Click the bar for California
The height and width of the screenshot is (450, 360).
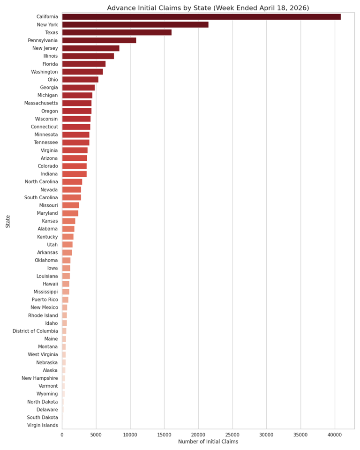tap(201, 17)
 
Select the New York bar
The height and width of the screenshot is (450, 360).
tap(135, 25)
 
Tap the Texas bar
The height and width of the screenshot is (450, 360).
tap(117, 32)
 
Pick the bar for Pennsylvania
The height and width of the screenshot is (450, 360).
tap(99, 40)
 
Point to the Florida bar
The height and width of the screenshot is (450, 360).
tap(84, 64)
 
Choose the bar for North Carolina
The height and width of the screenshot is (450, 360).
tap(72, 182)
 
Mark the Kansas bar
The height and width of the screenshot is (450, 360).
tap(68, 221)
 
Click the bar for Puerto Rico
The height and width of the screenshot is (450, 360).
tap(65, 300)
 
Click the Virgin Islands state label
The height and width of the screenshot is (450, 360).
tap(43, 425)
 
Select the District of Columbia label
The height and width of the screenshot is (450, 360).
tap(35, 331)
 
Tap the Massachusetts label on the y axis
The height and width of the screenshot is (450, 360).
tap(41, 103)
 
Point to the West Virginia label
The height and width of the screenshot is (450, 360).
tap(43, 354)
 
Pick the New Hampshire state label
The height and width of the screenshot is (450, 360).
tap(40, 378)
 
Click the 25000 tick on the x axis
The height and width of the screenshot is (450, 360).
tap(232, 435)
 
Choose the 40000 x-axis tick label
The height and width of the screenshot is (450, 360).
tap(335, 435)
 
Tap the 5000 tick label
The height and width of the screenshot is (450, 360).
tap(96, 435)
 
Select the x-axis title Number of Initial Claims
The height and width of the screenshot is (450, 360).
tap(208, 442)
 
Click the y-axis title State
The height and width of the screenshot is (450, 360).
tap(8, 222)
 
